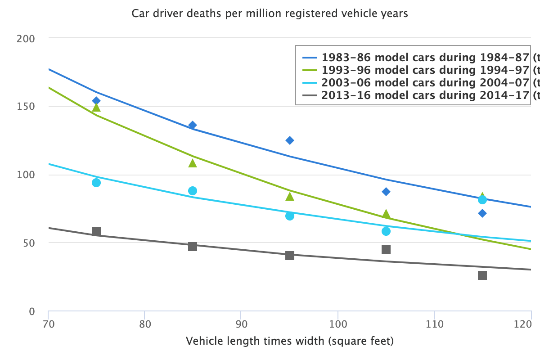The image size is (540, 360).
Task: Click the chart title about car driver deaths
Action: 270,13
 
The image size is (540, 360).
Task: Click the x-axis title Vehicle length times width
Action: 290,342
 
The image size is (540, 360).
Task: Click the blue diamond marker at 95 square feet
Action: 290,140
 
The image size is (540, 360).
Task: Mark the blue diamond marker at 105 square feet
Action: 386,192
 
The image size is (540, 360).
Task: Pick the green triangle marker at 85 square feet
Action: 193,163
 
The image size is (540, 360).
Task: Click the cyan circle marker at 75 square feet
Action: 96,183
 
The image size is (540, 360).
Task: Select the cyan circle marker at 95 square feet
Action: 290,216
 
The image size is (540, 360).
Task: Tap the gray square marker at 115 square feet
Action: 482,275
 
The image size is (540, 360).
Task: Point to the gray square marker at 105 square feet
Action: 386,249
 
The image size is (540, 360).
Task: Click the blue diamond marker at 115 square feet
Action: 482,213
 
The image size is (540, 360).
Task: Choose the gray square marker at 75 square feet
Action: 96,231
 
